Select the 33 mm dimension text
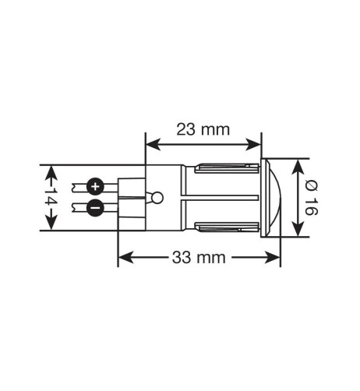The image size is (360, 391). pos(199,258)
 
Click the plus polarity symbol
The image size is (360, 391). pos(95,186)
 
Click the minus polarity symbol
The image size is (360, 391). pos(94,208)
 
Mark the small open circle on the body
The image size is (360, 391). pos(157,198)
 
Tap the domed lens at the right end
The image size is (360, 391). pos(274,198)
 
